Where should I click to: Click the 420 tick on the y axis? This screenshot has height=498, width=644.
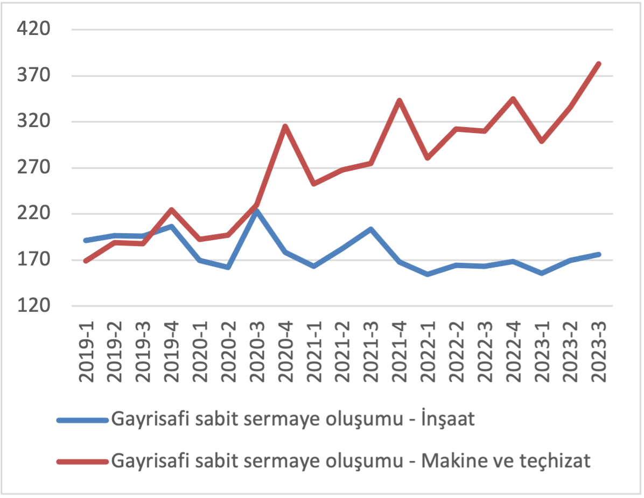tap(34, 29)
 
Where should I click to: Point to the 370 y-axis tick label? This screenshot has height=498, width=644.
tap(34, 75)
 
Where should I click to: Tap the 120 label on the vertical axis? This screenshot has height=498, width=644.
tap(34, 306)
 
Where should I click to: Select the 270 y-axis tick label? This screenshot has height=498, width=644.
tap(34, 167)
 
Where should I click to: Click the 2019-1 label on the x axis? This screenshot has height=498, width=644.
tap(86, 350)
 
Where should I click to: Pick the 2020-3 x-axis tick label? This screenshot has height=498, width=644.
tap(256, 350)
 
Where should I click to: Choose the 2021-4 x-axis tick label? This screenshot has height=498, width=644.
tap(399, 350)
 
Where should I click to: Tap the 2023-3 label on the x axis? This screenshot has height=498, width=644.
tap(598, 350)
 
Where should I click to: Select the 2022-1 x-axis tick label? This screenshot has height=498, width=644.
tap(428, 350)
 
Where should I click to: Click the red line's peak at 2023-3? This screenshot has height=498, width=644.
tap(598, 64)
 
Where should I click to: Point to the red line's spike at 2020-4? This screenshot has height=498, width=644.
tap(285, 127)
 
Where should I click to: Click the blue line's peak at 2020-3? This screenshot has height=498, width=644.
tap(257, 212)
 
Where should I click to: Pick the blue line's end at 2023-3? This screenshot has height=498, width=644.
tap(598, 254)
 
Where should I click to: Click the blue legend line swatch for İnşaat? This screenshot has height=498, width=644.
tap(83, 420)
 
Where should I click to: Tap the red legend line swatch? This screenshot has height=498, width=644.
tap(83, 461)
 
